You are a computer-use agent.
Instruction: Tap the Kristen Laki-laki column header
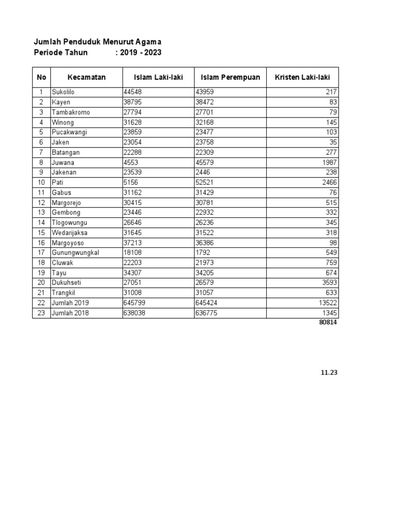pyautogui.click(x=302, y=78)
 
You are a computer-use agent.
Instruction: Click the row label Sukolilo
pyautogui.click(x=63, y=92)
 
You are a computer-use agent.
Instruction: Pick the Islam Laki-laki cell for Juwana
pyautogui.click(x=131, y=163)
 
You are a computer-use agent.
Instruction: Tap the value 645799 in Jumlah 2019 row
pyautogui.click(x=133, y=303)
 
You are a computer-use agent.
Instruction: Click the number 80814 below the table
pyautogui.click(x=328, y=322)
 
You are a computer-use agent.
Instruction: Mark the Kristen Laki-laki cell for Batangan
pyautogui.click(x=330, y=153)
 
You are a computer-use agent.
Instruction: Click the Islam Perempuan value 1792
pyautogui.click(x=203, y=253)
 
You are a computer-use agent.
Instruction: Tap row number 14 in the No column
pyautogui.click(x=41, y=223)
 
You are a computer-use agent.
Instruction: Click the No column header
pyautogui.click(x=41, y=78)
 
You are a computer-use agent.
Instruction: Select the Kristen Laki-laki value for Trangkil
pyautogui.click(x=331, y=293)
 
